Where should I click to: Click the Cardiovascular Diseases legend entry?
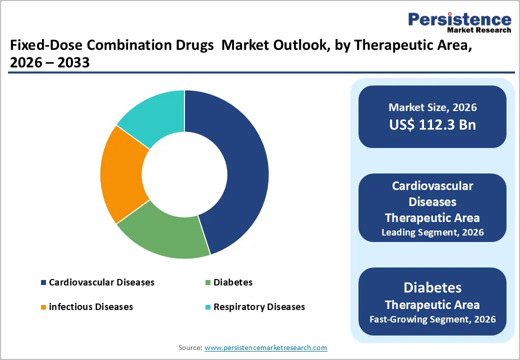point(101,282)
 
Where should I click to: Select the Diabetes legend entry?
point(232,282)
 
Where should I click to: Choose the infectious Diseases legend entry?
point(90,306)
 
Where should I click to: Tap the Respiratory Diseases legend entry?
point(258,306)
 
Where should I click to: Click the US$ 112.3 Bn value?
point(432,124)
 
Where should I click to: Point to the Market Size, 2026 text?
point(432,107)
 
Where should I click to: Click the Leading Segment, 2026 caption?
point(432,232)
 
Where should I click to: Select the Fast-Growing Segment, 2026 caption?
point(432,319)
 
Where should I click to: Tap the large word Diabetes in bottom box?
point(432,288)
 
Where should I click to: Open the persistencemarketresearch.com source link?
point(265,347)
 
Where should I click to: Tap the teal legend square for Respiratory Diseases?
point(207,307)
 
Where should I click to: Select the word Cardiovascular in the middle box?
point(432,186)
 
